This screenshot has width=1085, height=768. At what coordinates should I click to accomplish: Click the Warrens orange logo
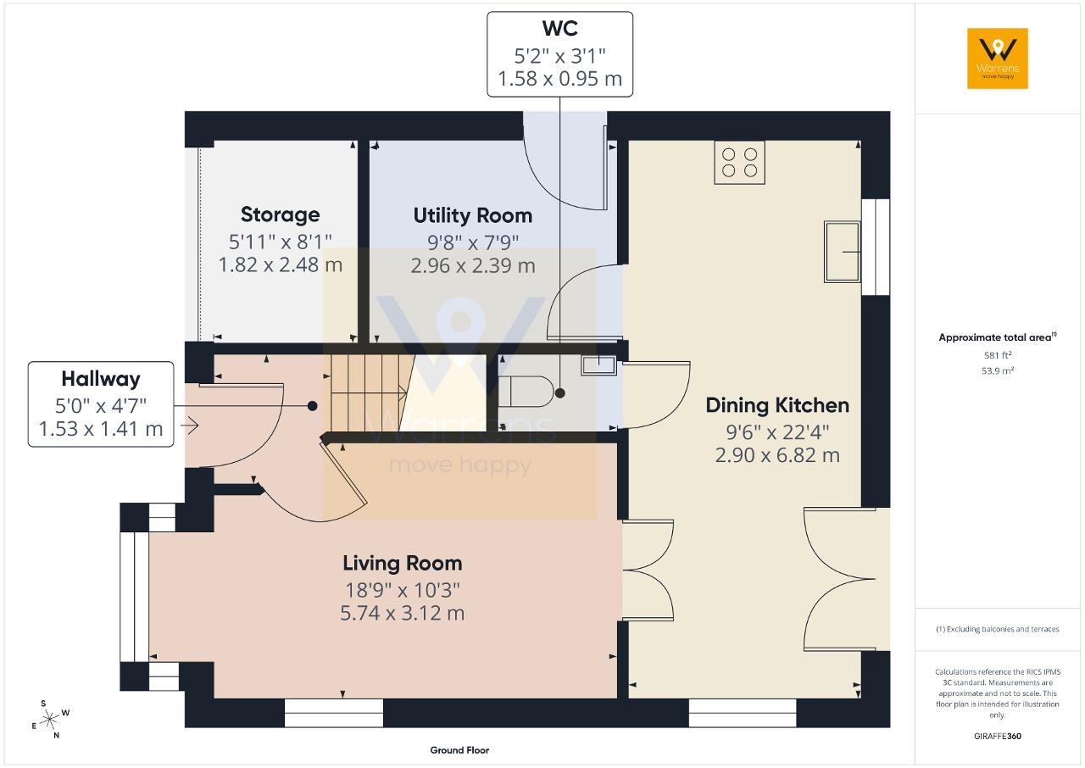998,58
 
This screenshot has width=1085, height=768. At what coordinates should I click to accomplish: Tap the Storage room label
280,214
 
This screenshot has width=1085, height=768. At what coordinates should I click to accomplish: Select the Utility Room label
473,215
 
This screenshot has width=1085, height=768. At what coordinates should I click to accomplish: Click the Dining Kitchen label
777,405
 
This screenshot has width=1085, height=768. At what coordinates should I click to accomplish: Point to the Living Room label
402,563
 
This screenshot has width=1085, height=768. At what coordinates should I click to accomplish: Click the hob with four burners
740,162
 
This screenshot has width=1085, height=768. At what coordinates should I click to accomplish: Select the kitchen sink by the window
843,252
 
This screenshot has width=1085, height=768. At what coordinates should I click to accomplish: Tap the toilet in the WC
526,392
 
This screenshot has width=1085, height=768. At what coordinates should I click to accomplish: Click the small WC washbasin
598,365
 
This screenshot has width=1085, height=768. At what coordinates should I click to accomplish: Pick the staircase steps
369,392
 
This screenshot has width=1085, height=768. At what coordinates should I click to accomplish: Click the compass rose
49,720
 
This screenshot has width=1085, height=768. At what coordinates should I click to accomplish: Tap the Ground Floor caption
459,750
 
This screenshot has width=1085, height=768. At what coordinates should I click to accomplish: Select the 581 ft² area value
998,355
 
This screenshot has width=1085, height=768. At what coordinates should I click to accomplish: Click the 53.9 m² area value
998,371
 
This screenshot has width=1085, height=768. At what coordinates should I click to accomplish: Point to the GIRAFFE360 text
998,736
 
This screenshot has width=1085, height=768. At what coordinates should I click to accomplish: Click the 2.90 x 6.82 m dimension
777,455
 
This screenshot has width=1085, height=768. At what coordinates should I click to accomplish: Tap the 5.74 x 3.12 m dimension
402,613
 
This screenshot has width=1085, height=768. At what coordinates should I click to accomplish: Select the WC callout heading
559,28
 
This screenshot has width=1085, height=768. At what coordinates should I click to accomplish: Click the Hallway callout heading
101,379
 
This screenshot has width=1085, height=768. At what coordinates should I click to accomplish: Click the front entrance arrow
189,426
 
